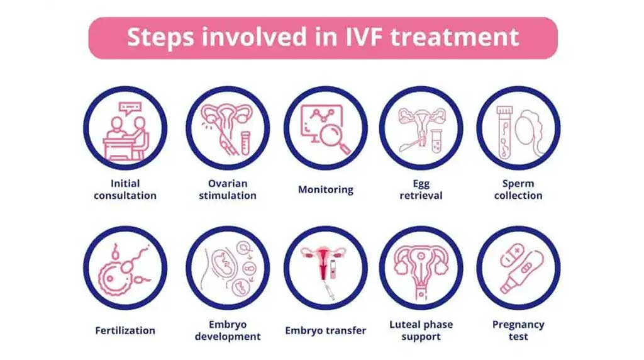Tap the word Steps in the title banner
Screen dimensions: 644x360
point(160,38)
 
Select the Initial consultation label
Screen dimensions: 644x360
point(125,189)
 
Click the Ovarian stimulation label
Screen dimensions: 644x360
point(228,189)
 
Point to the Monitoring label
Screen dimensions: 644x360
point(326,189)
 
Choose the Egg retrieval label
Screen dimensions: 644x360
point(421,189)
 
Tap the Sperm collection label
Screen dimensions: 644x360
point(518,189)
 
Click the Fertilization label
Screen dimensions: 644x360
point(125,330)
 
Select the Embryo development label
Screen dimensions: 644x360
point(228,330)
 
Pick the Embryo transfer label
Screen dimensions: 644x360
point(326,330)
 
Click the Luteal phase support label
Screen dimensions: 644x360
point(421,330)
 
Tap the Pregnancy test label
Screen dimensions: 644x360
point(518,330)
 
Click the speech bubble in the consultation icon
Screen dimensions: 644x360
point(130,109)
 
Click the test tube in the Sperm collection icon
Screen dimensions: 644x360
point(504,132)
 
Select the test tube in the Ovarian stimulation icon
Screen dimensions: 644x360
point(245,142)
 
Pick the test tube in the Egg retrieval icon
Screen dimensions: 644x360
point(436,140)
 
